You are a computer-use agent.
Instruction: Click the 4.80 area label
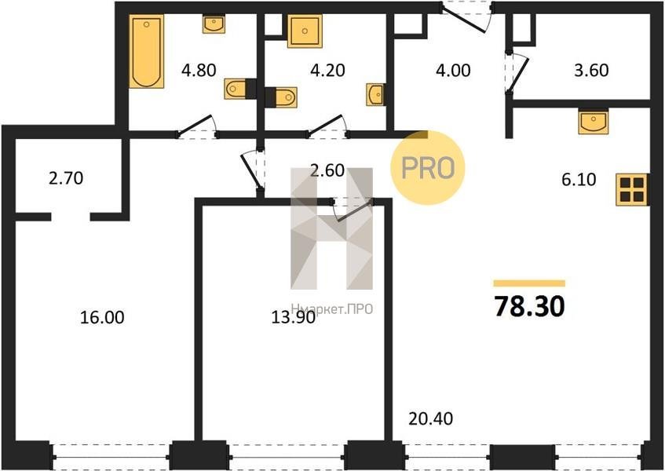[x=199, y=70]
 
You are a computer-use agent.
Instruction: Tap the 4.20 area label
[x=327, y=70]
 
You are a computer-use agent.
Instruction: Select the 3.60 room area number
[x=591, y=70]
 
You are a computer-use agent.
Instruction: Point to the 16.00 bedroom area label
[x=102, y=317]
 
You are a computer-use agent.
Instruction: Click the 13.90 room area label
[x=293, y=317]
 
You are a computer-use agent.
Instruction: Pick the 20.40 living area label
[x=430, y=419]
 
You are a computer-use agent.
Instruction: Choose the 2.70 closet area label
[x=66, y=178]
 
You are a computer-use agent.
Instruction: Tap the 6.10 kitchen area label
[x=579, y=180]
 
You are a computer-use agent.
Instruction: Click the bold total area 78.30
[x=529, y=306]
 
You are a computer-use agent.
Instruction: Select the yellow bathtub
[x=146, y=51]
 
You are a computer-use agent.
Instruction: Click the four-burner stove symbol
[x=632, y=189]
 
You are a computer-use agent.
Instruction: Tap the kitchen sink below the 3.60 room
[x=593, y=122]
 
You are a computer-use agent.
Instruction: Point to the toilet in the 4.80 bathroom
[x=236, y=89]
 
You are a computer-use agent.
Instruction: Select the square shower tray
[x=305, y=31]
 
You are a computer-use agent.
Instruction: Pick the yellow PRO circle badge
[x=427, y=168]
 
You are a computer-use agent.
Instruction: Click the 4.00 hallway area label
[x=453, y=70]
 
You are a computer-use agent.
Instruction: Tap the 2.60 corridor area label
[x=327, y=170]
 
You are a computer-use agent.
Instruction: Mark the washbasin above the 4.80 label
[x=214, y=24]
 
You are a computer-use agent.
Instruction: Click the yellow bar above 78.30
[x=529, y=283]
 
